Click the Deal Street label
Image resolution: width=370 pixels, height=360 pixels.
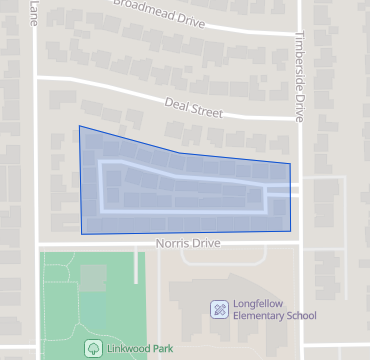coord(194,106)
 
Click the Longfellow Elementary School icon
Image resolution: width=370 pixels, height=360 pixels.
coord(219,309)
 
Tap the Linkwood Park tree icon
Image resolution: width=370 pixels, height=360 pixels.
coord(93,348)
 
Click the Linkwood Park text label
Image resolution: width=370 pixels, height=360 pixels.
coord(135,348)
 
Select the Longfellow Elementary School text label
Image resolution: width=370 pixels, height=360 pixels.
coord(274,309)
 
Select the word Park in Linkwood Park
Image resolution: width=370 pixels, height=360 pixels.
coord(157,348)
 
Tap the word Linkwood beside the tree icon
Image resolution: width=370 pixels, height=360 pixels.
coord(125,348)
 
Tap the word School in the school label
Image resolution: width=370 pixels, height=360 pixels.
coord(300,316)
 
